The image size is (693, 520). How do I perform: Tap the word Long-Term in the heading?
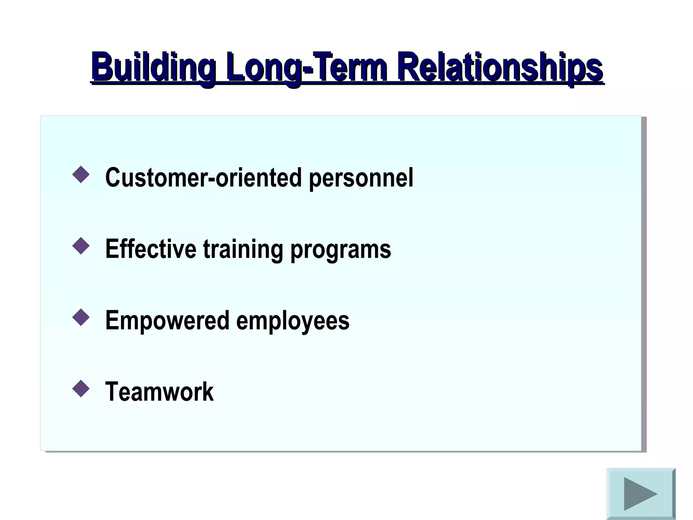(x=307, y=66)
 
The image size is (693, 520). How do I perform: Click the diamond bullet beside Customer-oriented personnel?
(x=81, y=175)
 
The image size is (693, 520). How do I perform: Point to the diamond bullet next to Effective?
(x=81, y=246)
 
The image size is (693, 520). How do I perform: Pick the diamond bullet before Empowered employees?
(x=81, y=318)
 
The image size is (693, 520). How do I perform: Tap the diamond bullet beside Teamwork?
(x=81, y=389)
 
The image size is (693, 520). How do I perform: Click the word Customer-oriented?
(x=203, y=177)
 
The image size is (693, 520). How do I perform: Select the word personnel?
(x=361, y=178)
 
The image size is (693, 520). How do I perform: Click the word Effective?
(x=151, y=249)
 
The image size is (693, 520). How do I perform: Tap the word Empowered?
(x=167, y=321)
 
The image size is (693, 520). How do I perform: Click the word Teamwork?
(x=159, y=392)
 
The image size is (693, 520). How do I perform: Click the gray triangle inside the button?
(x=638, y=494)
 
